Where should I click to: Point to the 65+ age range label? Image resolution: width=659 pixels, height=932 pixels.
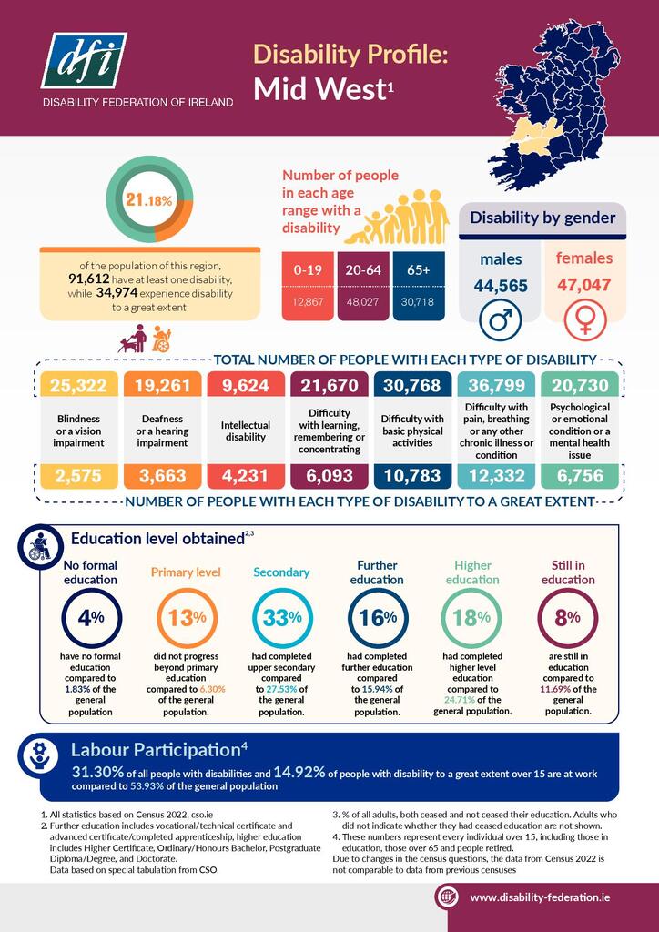pyautogui.click(x=419, y=269)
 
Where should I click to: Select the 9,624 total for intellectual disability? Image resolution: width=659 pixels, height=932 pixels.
pyautogui.click(x=244, y=385)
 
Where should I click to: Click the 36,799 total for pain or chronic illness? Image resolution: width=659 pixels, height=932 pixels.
pyautogui.click(x=496, y=385)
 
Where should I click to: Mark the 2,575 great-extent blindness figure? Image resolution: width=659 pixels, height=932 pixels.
pyautogui.click(x=79, y=475)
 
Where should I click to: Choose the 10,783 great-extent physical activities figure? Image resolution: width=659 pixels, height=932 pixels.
pyautogui.click(x=411, y=475)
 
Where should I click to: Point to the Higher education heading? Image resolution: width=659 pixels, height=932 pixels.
pyautogui.click(x=471, y=572)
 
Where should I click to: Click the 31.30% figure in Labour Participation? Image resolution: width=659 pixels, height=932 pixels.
pyautogui.click(x=101, y=772)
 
